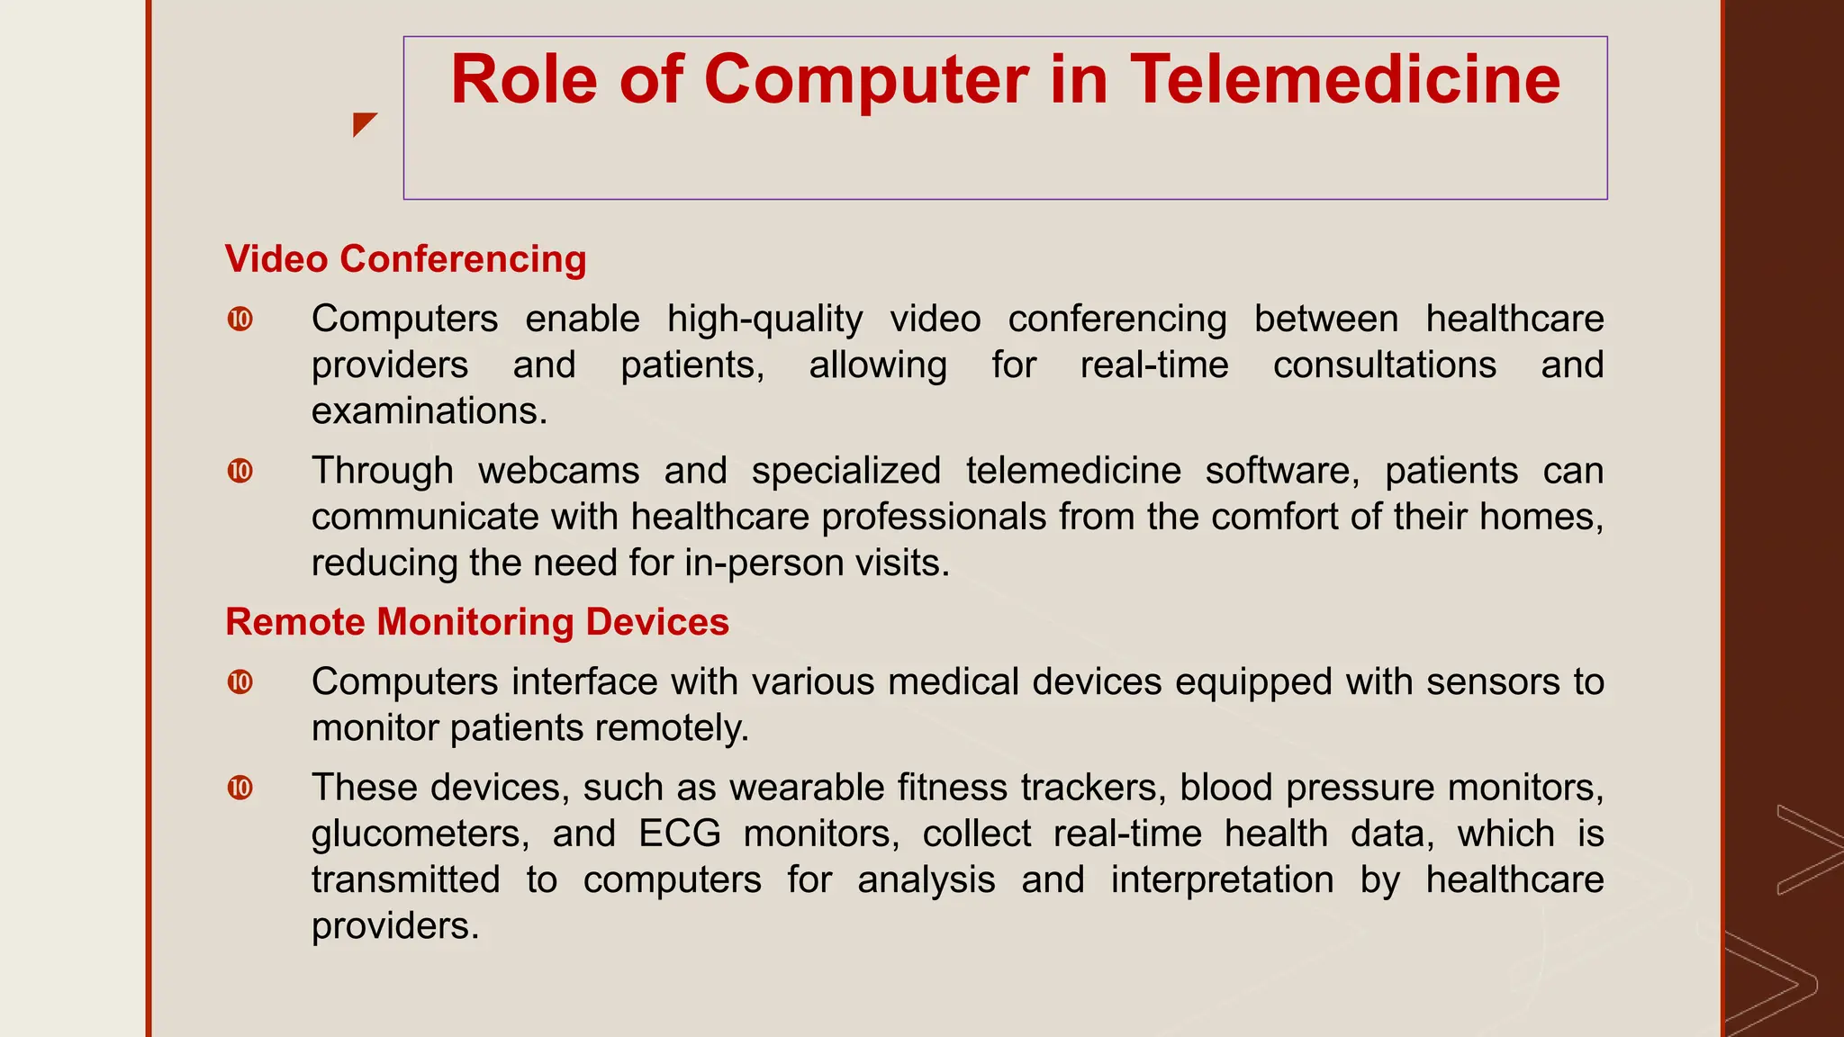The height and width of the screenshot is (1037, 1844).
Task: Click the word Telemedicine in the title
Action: [x=1345, y=81]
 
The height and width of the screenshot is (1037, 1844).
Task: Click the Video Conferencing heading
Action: [x=405, y=259]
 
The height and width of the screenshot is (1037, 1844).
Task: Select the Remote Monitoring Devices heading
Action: [x=476, y=622]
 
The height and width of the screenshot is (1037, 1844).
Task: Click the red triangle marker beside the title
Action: [x=363, y=123]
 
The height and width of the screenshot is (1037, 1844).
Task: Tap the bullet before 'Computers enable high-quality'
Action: [x=240, y=320]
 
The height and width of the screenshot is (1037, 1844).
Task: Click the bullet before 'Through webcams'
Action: [x=240, y=471]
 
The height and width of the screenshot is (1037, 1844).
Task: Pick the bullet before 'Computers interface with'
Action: [x=240, y=682]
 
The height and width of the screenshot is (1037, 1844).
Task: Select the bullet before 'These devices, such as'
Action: [x=240, y=789]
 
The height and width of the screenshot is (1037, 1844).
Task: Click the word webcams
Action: [x=558, y=471]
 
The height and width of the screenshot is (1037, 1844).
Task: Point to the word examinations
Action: [x=429, y=411]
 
